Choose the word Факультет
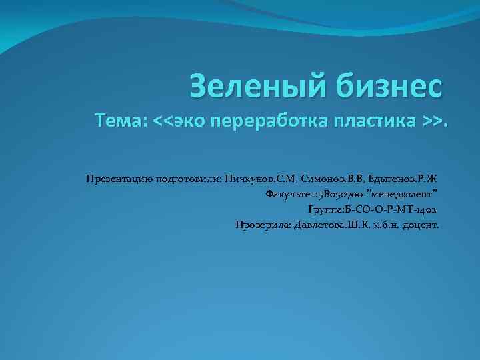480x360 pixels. click(x=291, y=195)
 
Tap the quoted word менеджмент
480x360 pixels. click(x=408, y=195)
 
